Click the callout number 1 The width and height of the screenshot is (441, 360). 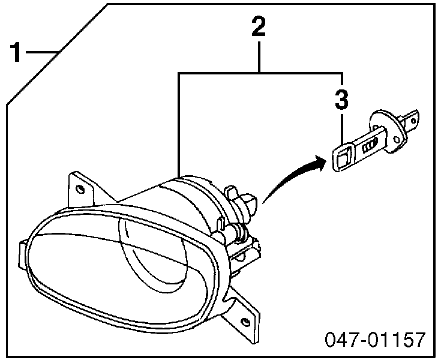point(16,52)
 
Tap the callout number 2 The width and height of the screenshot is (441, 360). point(259,26)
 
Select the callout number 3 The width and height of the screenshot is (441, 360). point(342,99)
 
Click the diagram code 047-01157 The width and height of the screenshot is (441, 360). point(375,340)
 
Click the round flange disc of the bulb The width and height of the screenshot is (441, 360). point(388,131)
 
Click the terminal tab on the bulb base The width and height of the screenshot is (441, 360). point(411,120)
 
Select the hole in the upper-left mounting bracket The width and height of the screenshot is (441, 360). point(80,189)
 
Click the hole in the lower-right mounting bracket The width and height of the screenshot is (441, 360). point(245,321)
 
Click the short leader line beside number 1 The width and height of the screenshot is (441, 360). point(42,52)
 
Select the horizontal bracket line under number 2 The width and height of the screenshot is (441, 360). point(260,73)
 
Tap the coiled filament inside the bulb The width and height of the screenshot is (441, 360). point(369,146)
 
